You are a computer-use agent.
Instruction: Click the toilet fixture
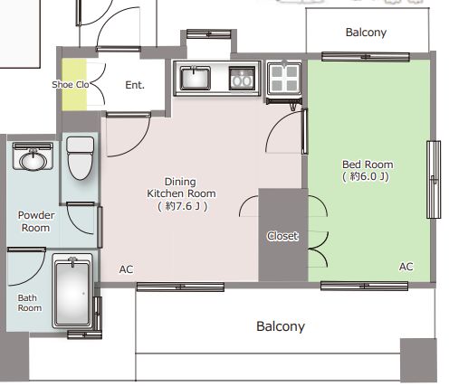[80, 158]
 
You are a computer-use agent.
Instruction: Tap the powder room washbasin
[33, 156]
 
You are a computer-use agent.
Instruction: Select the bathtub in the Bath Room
[72, 291]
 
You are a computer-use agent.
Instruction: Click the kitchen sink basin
[195, 78]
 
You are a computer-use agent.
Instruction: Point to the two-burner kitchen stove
[242, 78]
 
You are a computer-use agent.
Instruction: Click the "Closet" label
[282, 236]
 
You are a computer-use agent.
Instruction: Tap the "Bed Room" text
[368, 165]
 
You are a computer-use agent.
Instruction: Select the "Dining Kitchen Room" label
[181, 187]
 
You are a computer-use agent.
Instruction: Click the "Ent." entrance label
[135, 85]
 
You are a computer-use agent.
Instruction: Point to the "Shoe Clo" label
[71, 85]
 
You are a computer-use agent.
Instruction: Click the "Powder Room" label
[36, 221]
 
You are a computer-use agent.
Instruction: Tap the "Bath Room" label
[30, 303]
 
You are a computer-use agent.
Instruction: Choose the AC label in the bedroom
[406, 267]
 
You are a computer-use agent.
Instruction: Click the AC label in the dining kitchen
[126, 269]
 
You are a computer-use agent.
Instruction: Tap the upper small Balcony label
[366, 33]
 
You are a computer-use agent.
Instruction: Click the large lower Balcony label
[281, 326]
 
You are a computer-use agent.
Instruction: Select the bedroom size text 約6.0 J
[366, 176]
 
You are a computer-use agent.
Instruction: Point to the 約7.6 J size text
[183, 206]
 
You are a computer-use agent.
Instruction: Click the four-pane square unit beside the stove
[284, 78]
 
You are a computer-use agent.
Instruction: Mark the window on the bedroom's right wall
[434, 179]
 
